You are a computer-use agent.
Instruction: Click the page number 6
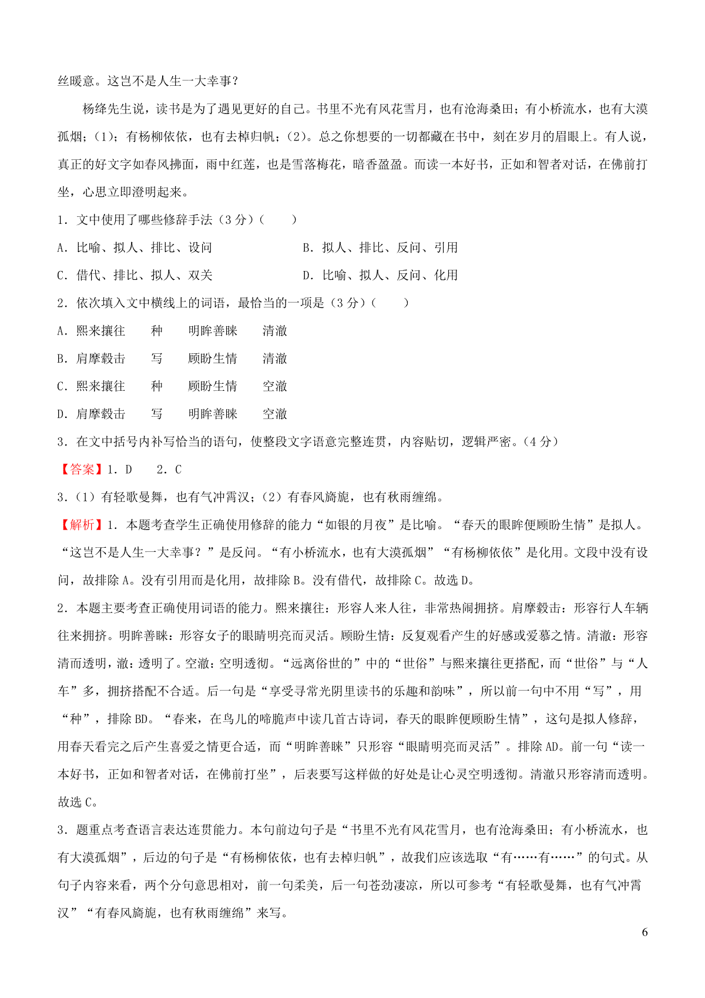644,933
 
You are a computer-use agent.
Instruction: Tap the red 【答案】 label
82,470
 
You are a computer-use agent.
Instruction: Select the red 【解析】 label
82,525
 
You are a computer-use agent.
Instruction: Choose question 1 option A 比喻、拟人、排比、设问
135,248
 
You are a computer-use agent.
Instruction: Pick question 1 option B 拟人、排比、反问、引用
380,248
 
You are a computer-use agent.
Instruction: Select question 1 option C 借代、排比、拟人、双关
135,276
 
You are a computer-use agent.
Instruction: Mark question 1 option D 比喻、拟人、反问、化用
380,276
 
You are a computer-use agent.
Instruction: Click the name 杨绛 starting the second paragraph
95,109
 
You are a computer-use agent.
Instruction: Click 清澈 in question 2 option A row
275,331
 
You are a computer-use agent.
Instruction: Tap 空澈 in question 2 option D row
275,414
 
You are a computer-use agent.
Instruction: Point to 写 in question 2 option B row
156,359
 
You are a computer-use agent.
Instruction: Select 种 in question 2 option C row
156,386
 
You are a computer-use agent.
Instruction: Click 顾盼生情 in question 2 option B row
213,359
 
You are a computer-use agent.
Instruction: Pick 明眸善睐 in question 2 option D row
213,414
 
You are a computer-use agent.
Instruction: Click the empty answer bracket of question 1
278,220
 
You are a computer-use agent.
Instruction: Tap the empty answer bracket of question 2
390,303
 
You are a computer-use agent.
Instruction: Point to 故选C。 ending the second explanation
78,802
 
